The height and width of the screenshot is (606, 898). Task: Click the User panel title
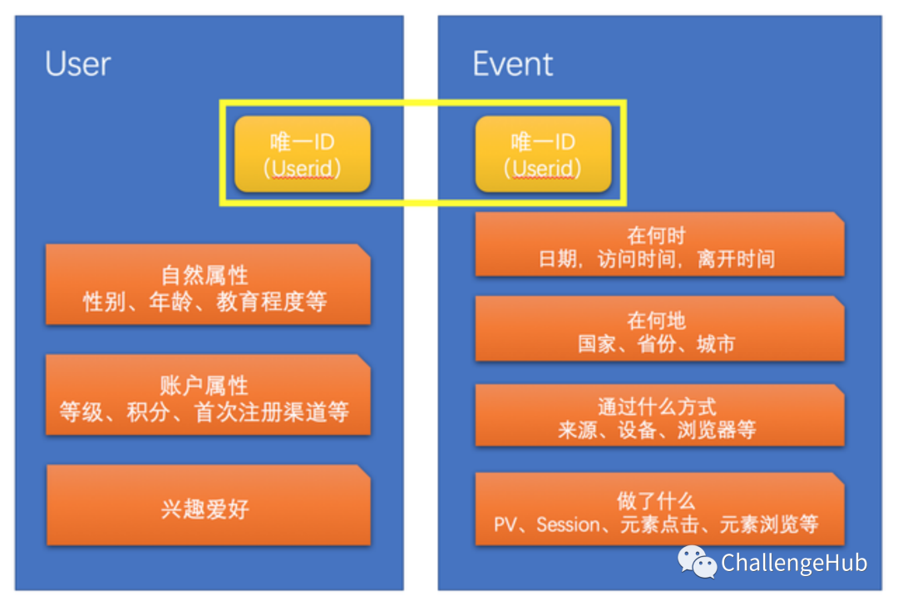tap(78, 63)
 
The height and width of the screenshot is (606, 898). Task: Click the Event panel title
tap(512, 63)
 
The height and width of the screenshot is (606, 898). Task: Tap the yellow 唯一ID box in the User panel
tap(303, 154)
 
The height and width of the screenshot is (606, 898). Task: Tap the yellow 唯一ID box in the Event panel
tap(544, 154)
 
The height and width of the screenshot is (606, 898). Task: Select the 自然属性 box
tap(208, 284)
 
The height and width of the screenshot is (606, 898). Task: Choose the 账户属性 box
tap(208, 395)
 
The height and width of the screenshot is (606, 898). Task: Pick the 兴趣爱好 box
tap(209, 505)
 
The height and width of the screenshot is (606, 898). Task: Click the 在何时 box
tap(659, 244)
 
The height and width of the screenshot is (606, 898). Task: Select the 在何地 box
tap(659, 329)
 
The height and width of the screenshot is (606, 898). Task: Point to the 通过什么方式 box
tap(659, 416)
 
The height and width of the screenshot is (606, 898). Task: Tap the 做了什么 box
tap(659, 510)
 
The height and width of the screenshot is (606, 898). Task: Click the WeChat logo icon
tap(697, 561)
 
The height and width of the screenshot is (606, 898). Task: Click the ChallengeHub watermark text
tap(794, 563)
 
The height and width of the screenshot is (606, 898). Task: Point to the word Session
tap(568, 524)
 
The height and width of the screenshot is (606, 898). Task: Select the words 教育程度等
tap(271, 301)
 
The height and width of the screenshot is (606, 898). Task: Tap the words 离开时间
tap(736, 259)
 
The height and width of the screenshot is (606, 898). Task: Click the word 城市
tap(716, 343)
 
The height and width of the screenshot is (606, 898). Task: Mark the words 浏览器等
tap(717, 429)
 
